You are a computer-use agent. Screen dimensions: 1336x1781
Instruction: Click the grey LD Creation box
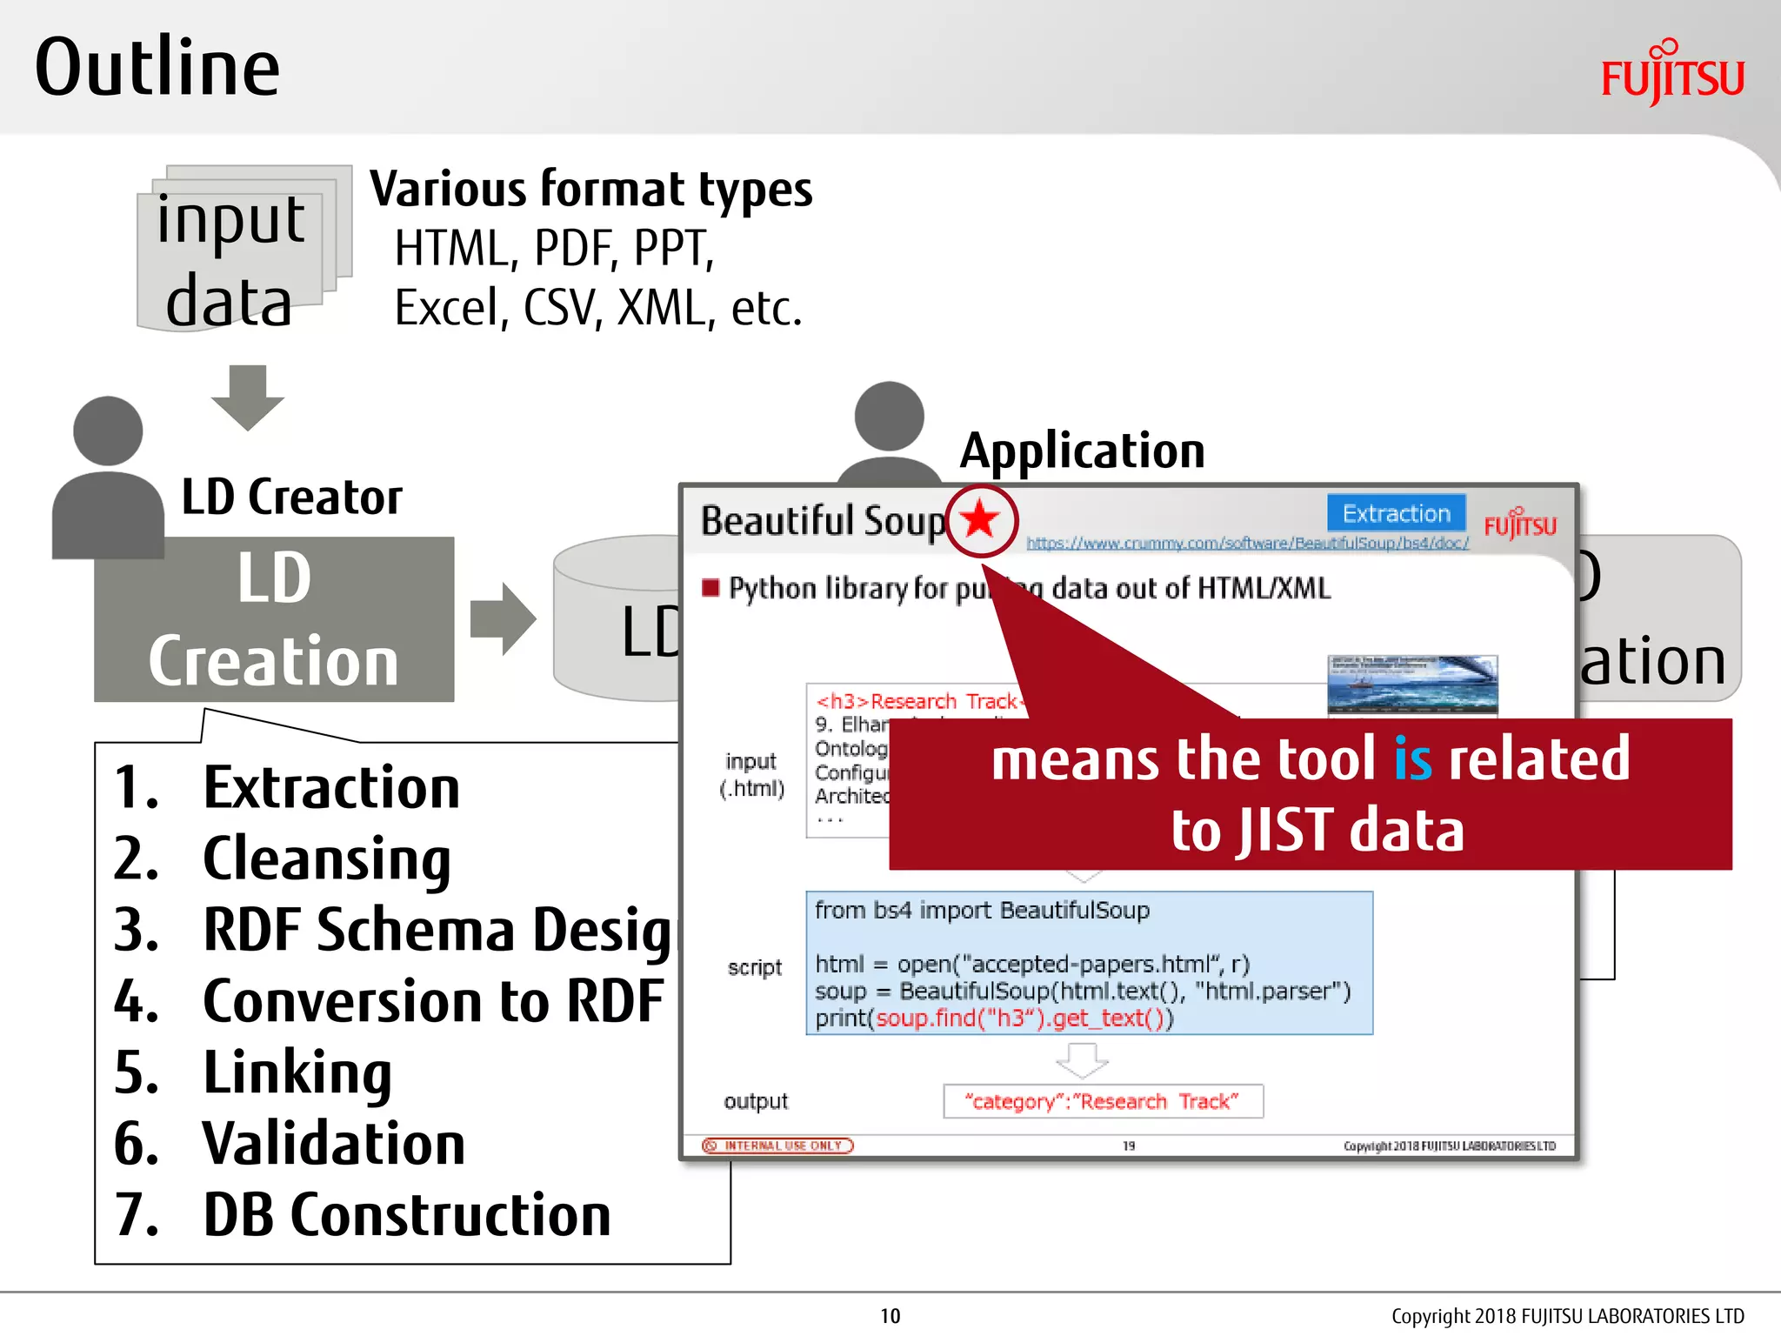pos(274,619)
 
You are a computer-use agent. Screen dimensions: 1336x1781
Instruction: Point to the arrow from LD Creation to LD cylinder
pos(503,618)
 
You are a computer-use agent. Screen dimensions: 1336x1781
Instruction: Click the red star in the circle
pos(981,520)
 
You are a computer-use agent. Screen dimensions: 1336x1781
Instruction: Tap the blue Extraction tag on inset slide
pos(1396,513)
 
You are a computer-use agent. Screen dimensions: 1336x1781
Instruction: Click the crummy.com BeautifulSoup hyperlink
pos(1247,544)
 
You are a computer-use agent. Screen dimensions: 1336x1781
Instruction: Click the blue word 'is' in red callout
pos(1412,759)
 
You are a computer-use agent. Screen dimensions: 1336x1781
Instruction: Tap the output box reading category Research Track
pos(1102,1101)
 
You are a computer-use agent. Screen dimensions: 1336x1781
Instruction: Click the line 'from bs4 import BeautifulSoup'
pos(982,911)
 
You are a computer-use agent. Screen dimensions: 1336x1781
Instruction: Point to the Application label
pos(1082,451)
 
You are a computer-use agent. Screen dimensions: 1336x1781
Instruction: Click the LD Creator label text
pos(291,498)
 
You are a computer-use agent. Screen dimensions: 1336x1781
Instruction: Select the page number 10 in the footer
pos(890,1316)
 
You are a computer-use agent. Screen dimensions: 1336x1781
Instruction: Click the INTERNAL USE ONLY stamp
pos(778,1146)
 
